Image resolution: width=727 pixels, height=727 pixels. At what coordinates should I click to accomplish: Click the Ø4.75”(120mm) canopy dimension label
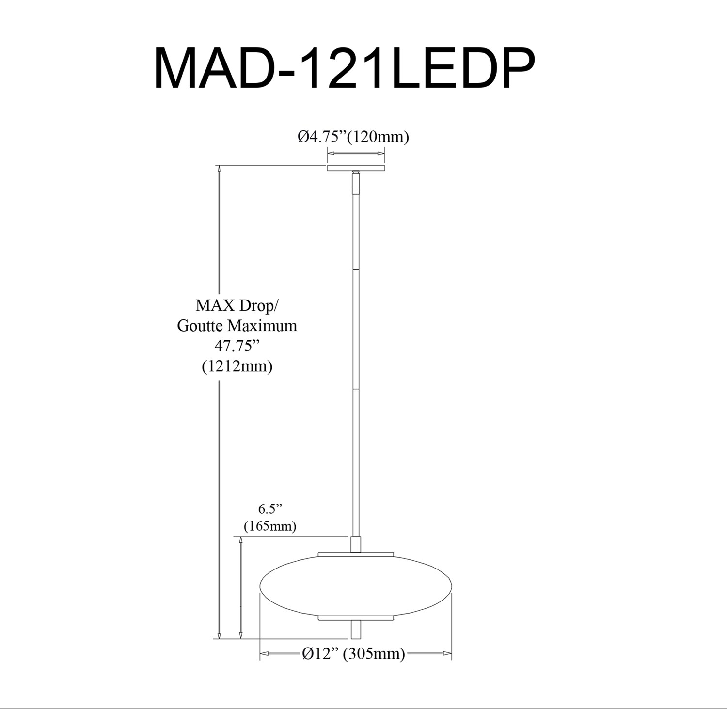tap(353, 137)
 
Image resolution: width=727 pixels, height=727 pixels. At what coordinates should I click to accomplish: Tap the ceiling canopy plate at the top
tap(356, 168)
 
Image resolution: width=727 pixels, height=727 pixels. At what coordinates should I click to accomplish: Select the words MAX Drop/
tap(237, 306)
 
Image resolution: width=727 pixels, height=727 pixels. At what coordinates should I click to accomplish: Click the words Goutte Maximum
tap(237, 325)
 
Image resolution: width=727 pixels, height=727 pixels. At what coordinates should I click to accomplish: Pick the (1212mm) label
tap(237, 366)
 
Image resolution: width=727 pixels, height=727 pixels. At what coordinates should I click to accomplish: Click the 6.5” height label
tap(270, 509)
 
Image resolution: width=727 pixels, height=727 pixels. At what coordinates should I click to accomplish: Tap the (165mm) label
tap(270, 526)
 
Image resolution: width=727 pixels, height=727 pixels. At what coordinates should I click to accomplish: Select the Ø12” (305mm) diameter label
tap(353, 654)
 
